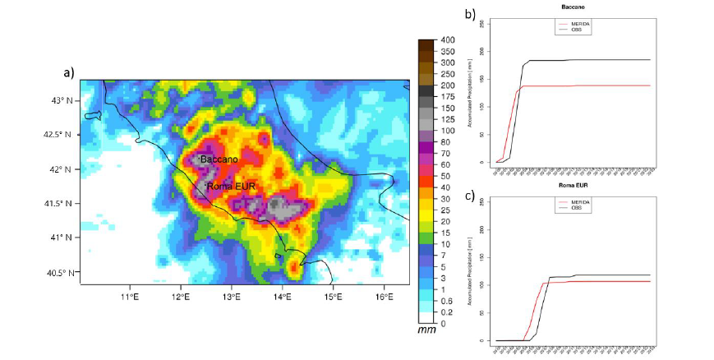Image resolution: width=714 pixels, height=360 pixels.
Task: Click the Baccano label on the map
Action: (219, 159)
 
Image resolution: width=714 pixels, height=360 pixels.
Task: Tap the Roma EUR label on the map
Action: (233, 187)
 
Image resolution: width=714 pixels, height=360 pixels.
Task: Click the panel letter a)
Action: (69, 72)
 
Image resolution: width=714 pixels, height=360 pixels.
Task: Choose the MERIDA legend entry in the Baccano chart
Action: (580, 23)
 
